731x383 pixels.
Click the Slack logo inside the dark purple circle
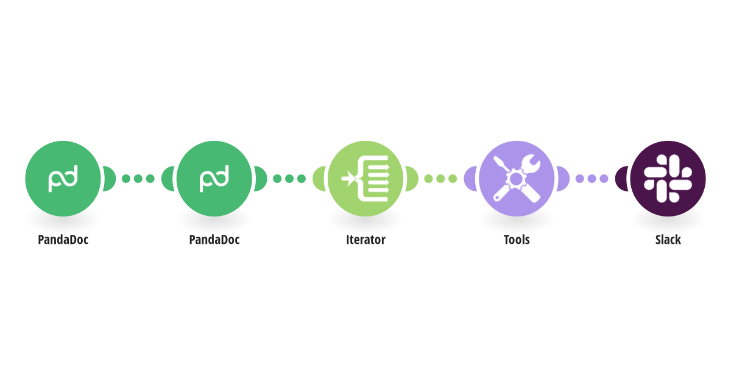coord(668,179)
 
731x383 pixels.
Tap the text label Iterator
coord(365,240)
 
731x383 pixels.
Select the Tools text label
coord(517,240)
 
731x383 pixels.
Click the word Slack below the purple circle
coord(668,240)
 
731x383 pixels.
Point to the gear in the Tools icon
coord(516,179)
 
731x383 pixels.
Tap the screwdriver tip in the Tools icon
coord(496,161)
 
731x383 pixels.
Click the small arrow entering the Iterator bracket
coord(348,179)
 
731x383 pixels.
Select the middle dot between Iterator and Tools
coord(440,179)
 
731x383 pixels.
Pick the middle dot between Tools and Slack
coord(592,179)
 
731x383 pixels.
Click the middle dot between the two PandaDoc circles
coord(138,179)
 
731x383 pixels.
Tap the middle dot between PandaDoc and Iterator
coord(289,179)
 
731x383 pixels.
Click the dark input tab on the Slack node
coord(621,179)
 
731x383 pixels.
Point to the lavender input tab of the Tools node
coord(470,179)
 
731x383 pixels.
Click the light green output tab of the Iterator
coord(412,179)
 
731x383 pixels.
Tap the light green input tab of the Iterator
coord(319,179)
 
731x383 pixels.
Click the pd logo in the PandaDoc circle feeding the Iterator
coord(214,179)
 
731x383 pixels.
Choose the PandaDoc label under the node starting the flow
coord(63,240)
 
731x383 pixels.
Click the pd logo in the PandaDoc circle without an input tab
coord(63,179)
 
